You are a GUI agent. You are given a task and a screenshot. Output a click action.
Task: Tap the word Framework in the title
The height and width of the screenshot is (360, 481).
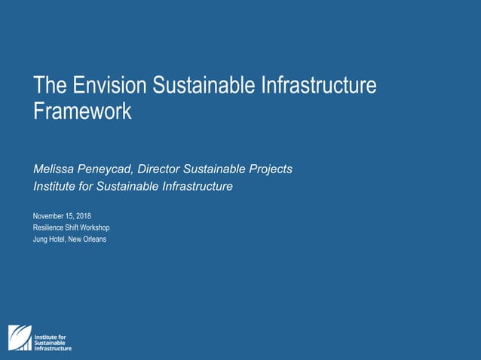coord(82,111)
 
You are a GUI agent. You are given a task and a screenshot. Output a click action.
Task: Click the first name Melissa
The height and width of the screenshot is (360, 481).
coord(54,169)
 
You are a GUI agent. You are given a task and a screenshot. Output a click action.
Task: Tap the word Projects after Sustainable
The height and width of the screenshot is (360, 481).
coord(269,169)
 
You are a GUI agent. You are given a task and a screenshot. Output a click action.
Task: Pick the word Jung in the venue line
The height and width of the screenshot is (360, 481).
coord(41,239)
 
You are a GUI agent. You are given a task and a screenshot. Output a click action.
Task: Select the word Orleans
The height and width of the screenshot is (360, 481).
coord(94,239)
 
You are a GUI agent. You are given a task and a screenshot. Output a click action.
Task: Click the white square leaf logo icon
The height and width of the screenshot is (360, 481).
coord(20,338)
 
